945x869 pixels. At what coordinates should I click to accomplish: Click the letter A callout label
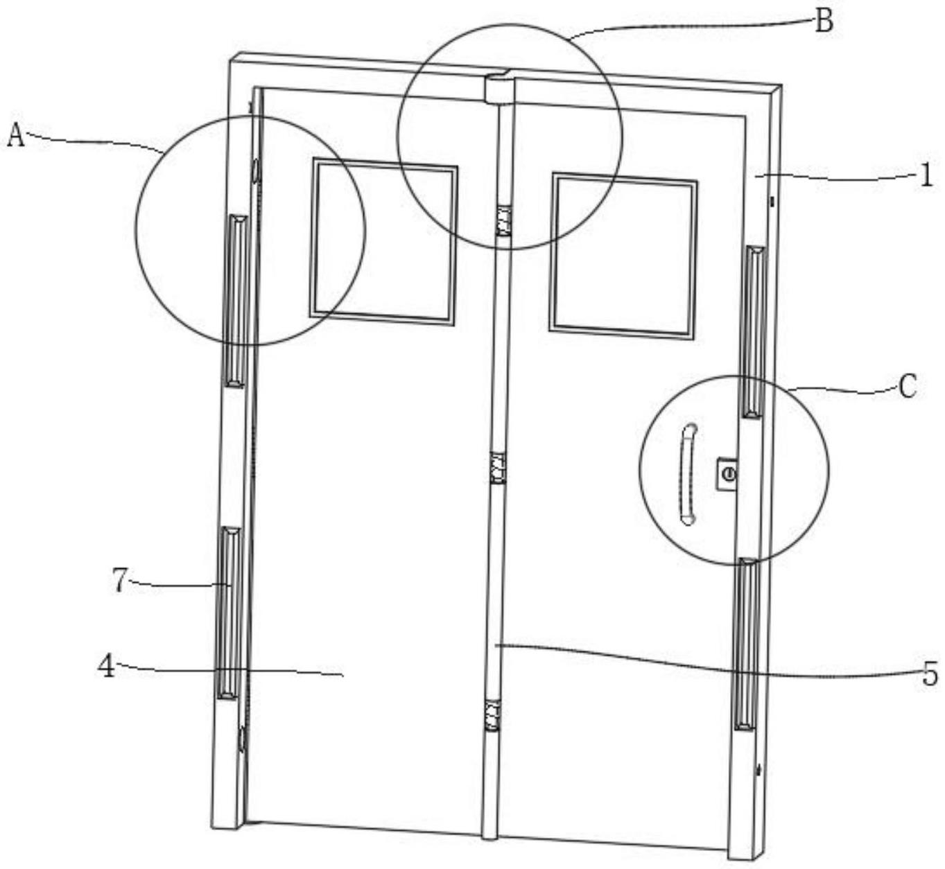click(x=15, y=134)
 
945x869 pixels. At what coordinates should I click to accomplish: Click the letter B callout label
click(x=823, y=21)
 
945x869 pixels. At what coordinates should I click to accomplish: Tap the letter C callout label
click(x=907, y=386)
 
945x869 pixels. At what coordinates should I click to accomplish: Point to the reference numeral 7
click(x=121, y=580)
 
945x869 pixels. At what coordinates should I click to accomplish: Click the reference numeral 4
click(x=106, y=667)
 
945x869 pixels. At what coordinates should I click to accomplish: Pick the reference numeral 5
click(x=930, y=674)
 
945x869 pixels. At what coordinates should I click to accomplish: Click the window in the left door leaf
click(x=384, y=242)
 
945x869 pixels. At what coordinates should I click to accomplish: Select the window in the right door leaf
click(x=623, y=256)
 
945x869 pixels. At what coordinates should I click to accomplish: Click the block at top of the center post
click(x=498, y=89)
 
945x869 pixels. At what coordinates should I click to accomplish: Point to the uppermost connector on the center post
click(x=503, y=220)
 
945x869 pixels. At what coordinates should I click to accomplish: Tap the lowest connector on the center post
click(x=492, y=715)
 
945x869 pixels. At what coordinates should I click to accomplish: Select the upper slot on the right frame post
click(x=754, y=331)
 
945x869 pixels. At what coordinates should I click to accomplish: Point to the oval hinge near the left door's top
click(x=255, y=169)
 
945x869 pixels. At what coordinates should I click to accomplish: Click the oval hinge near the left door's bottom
click(x=242, y=739)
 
